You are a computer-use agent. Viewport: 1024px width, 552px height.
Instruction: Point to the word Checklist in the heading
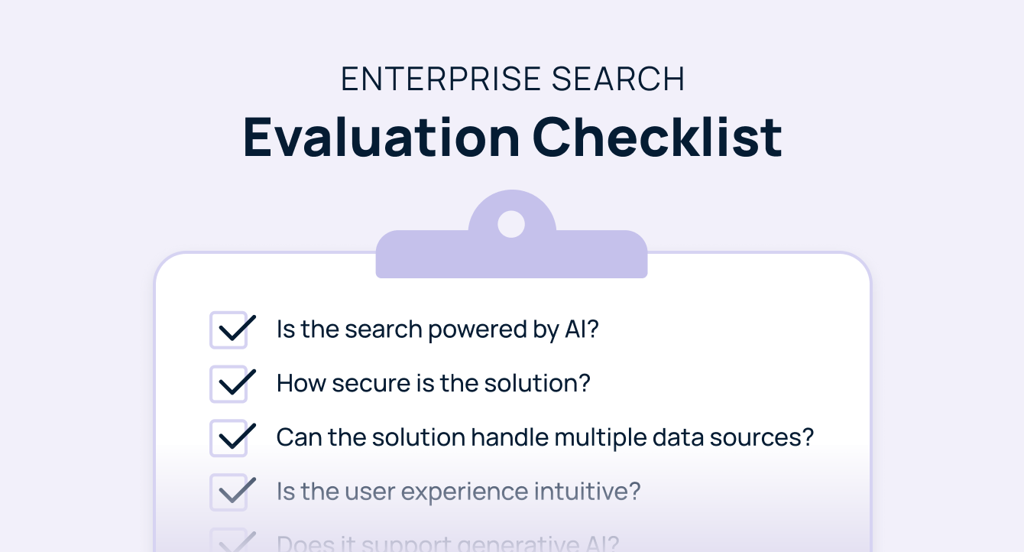click(657, 137)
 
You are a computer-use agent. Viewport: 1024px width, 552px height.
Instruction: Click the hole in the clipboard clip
click(511, 224)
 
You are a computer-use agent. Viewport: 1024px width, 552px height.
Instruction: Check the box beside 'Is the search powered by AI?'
click(228, 330)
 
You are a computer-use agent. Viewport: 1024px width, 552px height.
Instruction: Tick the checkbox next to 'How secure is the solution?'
click(228, 384)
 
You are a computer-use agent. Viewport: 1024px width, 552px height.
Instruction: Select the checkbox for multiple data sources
click(228, 438)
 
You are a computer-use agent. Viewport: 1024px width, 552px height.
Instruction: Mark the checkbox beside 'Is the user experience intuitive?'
click(228, 492)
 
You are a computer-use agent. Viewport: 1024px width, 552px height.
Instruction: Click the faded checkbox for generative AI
click(228, 541)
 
